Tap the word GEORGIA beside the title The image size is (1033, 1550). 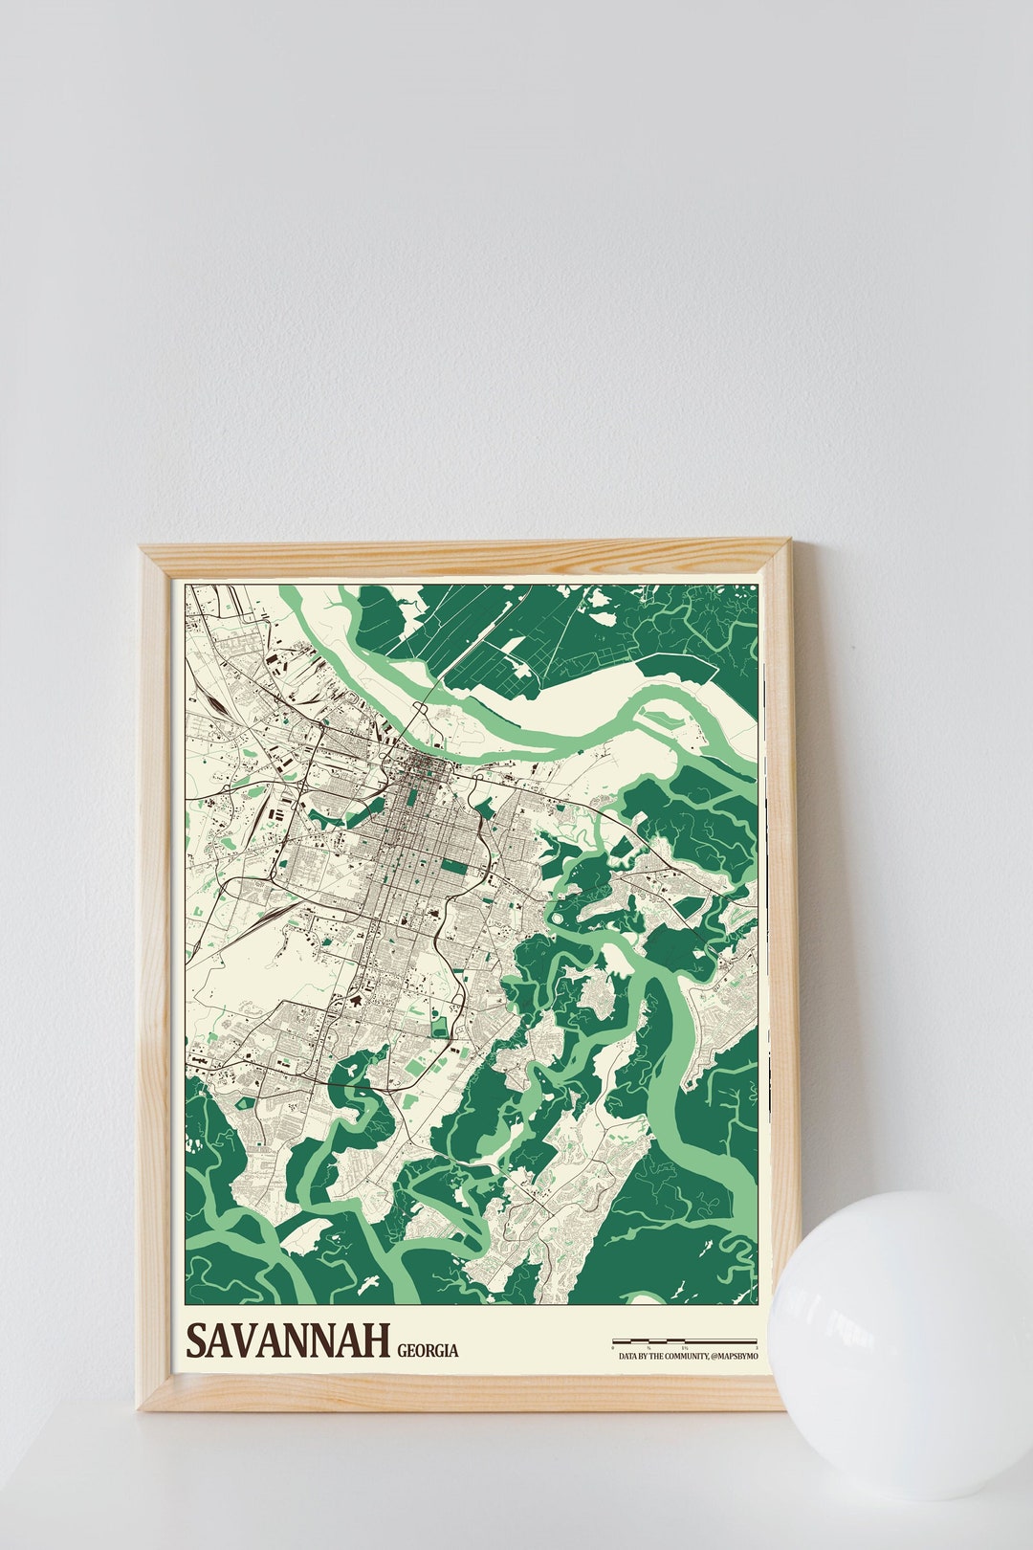click(x=428, y=1351)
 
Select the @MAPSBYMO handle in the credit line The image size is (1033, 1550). click(x=735, y=1357)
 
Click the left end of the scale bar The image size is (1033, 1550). click(x=614, y=1341)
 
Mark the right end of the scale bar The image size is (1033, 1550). click(x=757, y=1341)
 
